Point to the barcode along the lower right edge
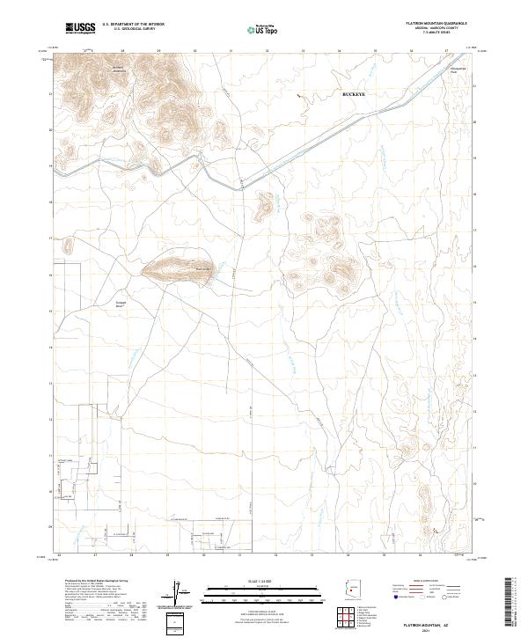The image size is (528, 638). coord(510,603)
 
